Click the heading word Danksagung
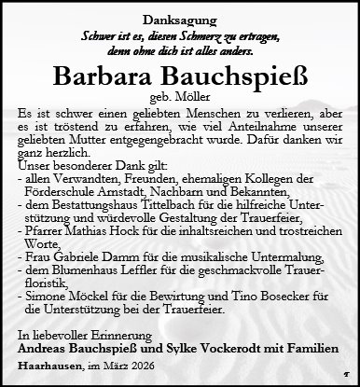tap(179, 18)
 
